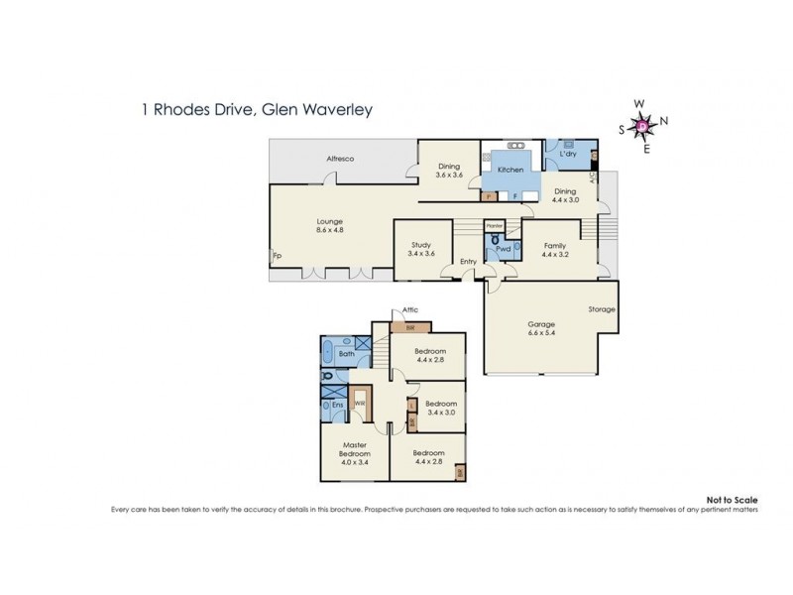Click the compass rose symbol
(642, 125)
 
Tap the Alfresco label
(341, 159)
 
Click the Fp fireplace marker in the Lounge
(277, 255)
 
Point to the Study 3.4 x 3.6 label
(421, 249)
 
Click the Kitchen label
(510, 171)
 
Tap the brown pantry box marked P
(491, 196)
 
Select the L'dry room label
(568, 155)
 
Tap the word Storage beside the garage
(601, 309)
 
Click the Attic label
(409, 309)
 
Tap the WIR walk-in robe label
(361, 404)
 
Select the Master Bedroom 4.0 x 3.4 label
(355, 454)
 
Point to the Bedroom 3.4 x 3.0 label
(441, 408)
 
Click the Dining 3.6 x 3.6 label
(449, 171)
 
